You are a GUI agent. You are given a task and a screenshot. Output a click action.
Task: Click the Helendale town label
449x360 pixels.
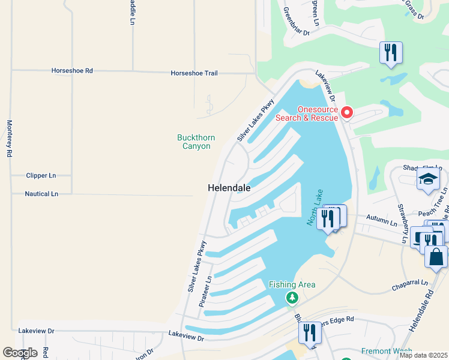[229, 188]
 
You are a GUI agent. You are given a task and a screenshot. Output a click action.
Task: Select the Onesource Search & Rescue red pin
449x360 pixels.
[346, 112]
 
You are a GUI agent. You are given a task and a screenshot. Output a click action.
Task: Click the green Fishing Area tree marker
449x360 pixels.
[292, 297]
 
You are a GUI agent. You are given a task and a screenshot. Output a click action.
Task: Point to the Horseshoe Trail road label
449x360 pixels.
[194, 73]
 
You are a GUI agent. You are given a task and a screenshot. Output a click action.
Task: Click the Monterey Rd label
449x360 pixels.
[9, 139]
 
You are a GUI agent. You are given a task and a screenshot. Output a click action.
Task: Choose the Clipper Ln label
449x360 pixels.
[41, 176]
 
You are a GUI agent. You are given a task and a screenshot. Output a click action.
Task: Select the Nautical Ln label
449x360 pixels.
[41, 194]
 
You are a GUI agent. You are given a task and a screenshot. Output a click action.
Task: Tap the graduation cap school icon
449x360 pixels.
[428, 179]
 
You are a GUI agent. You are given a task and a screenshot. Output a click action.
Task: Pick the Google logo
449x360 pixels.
[19, 353]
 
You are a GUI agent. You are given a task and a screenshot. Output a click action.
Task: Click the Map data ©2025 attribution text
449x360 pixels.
[423, 355]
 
